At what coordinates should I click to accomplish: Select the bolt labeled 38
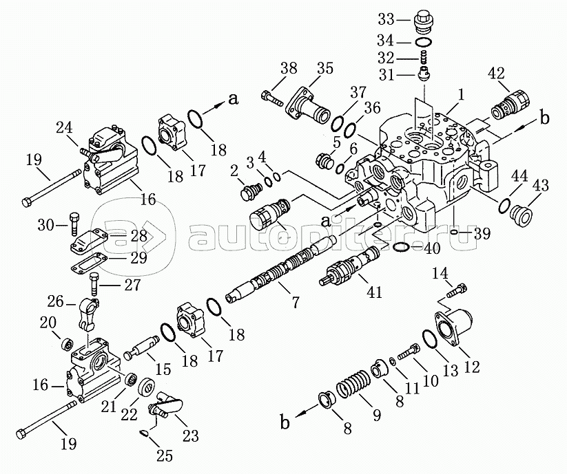(x=273, y=99)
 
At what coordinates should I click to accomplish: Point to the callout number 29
(x=138, y=258)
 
